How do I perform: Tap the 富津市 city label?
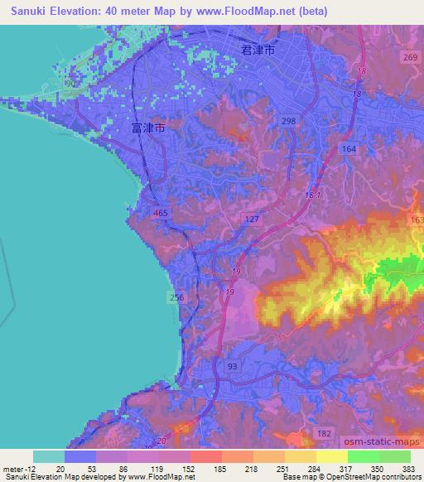point(148,129)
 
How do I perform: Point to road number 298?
point(288,122)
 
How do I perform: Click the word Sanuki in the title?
point(26,12)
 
